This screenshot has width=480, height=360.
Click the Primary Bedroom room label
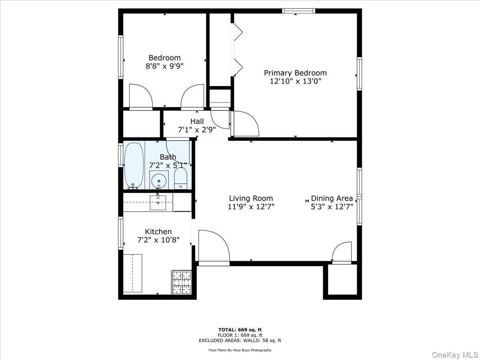click(295, 73)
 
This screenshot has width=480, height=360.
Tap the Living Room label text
click(251, 198)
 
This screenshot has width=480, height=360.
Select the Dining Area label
click(332, 198)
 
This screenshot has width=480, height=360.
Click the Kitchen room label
click(158, 232)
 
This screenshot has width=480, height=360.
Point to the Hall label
click(197, 121)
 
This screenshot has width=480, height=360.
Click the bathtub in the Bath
click(134, 166)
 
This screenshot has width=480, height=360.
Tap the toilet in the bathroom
click(181, 178)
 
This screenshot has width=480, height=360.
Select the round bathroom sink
click(159, 181)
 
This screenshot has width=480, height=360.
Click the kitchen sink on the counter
click(158, 202)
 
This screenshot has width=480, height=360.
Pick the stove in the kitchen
click(182, 282)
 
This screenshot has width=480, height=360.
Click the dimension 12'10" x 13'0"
click(295, 81)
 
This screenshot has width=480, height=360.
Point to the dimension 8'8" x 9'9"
click(164, 66)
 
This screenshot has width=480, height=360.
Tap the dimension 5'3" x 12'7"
click(332, 207)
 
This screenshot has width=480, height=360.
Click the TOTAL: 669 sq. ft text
click(240, 330)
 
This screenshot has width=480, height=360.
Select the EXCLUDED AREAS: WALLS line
click(240, 340)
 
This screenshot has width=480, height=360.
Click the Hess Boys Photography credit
click(240, 350)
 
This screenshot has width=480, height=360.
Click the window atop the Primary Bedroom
click(298, 11)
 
